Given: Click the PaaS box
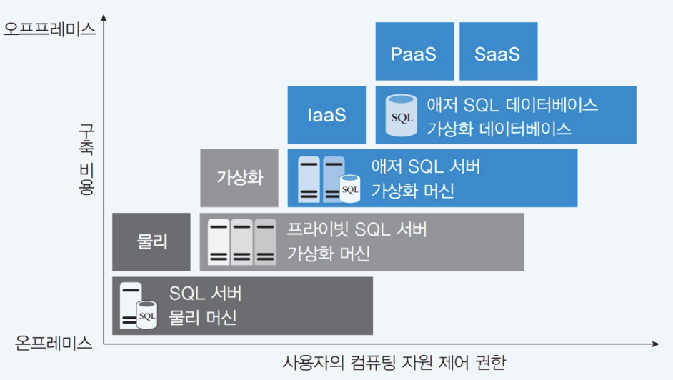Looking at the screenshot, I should (x=414, y=51).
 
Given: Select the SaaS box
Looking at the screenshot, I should (x=498, y=51).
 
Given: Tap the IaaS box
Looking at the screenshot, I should (x=327, y=115).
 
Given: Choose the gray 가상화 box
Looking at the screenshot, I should (x=239, y=178).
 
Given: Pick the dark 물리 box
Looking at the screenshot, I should (x=151, y=241).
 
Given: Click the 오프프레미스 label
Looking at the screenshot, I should (x=49, y=29).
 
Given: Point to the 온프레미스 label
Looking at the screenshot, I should (x=54, y=343).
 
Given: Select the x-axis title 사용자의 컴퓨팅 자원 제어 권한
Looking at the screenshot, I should (x=394, y=363).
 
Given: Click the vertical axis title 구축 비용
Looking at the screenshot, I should (x=86, y=159).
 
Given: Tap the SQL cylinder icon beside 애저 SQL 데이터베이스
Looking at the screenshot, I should (x=401, y=116).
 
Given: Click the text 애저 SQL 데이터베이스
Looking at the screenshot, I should (x=512, y=105).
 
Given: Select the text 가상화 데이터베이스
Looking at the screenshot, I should (x=499, y=129).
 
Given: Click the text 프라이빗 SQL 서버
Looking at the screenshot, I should (x=357, y=230).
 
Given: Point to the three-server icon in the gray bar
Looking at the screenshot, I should (x=241, y=242).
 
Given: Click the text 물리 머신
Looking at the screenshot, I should (x=202, y=318).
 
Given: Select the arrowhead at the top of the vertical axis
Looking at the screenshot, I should (x=104, y=26).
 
